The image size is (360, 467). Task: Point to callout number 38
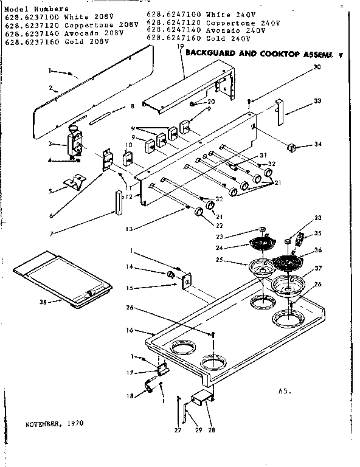click(41, 300)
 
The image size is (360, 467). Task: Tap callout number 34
click(318, 144)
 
